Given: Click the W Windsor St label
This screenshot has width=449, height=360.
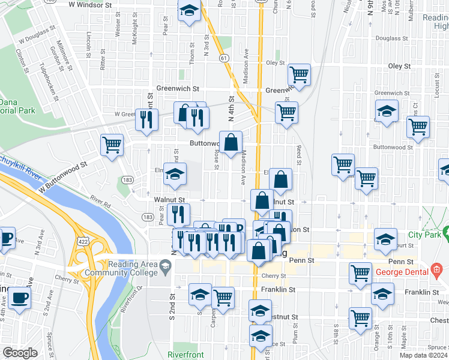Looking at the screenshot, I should (91, 4).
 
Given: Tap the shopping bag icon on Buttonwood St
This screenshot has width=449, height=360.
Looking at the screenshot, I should (231, 142).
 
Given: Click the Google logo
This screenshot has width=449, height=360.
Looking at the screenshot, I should (20, 353).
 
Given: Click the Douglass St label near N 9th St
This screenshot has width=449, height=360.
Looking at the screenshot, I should (388, 38).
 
